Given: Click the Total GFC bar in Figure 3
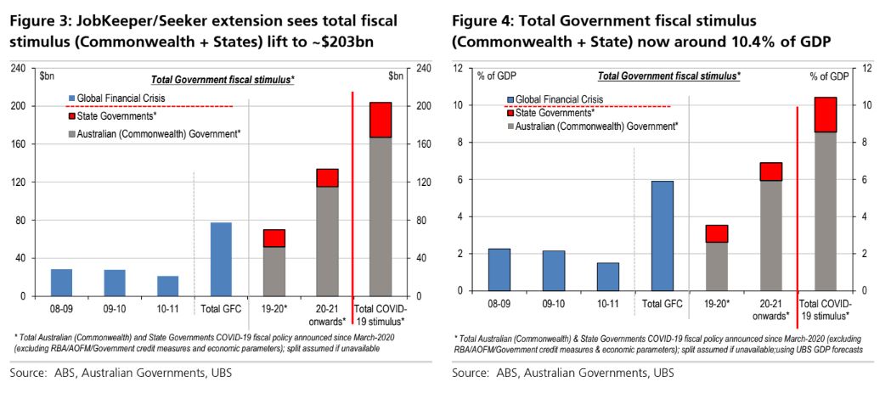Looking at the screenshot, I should (x=221, y=259).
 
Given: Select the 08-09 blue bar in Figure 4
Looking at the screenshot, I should (x=499, y=269).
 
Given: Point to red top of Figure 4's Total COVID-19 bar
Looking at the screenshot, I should (x=826, y=115).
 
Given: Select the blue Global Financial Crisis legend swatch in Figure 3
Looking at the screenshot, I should (x=73, y=98).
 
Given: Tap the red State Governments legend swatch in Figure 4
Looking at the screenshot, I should (x=510, y=112).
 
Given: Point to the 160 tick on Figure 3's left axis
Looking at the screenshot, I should (x=18, y=144).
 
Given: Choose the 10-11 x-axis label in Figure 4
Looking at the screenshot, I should (x=606, y=303).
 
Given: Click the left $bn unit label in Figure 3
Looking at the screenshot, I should (x=47, y=76).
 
